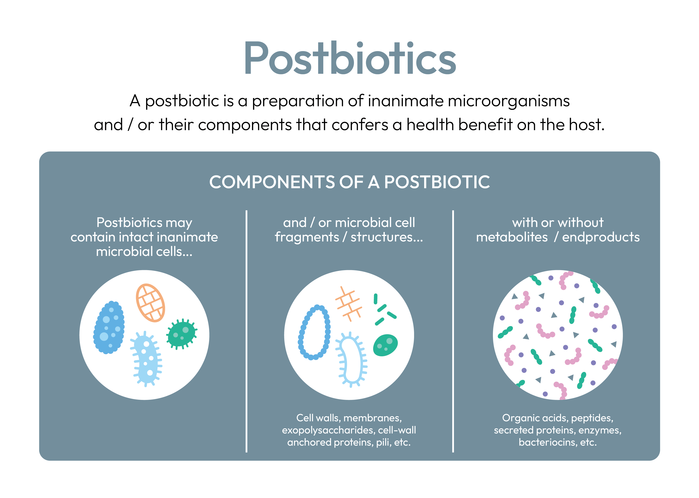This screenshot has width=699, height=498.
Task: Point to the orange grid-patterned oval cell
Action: tap(150, 303)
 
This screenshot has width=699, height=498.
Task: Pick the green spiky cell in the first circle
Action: tap(182, 334)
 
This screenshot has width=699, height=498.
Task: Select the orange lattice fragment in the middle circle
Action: tap(349, 304)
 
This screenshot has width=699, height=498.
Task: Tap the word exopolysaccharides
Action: tap(328, 430)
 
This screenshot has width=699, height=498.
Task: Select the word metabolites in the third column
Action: tap(512, 237)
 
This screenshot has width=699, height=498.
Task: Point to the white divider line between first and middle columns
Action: tap(246, 331)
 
